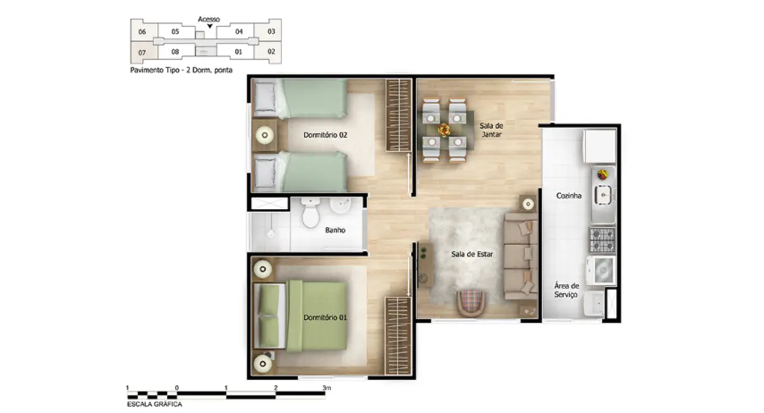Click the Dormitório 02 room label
pos(325,135)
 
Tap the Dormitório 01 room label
pos(325,317)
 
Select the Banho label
pos(335,230)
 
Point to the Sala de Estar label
pos(472,254)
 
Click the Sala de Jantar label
pos(491,130)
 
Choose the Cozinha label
pos(569,196)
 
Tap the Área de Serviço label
pos(566,290)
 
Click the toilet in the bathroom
pos(311,213)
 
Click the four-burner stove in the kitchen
pos(602,240)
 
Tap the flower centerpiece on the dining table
pos(444,130)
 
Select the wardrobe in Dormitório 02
pos(399,114)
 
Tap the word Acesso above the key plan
pos(209,19)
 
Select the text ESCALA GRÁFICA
pos(154,404)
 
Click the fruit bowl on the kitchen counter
pos(602,173)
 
